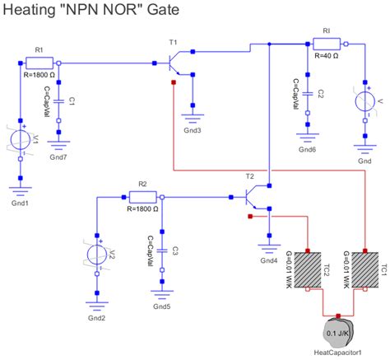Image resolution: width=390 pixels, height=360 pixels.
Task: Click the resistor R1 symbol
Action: [x=39, y=63]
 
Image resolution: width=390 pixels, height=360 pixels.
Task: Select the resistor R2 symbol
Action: [x=142, y=197]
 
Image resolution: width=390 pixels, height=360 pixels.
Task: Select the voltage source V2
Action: [x=97, y=254]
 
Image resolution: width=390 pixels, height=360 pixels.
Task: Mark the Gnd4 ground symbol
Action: [x=268, y=246]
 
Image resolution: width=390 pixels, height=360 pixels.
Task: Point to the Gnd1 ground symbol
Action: [x=20, y=187]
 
